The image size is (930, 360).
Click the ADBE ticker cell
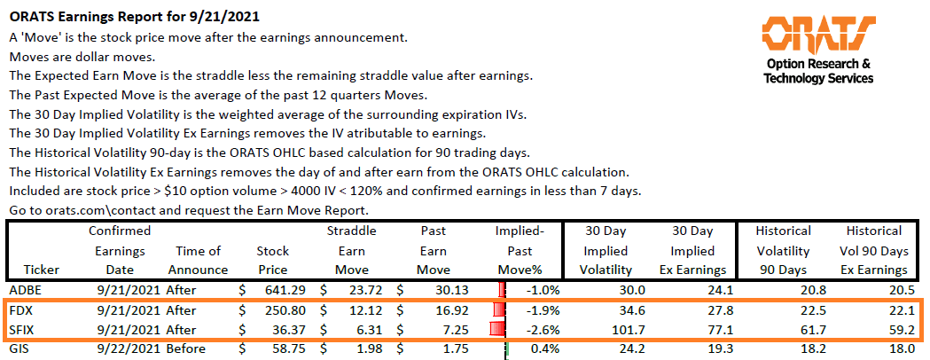[26, 290]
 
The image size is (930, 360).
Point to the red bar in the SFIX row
[496, 329]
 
